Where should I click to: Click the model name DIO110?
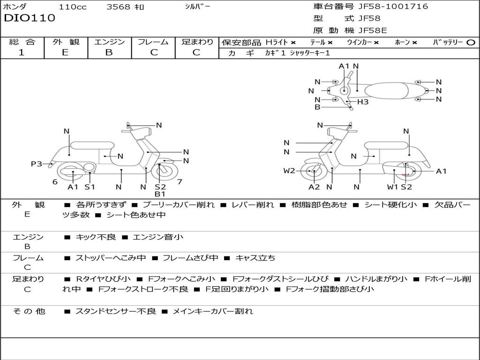[30, 18]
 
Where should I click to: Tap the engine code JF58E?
[372, 31]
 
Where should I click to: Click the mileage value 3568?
[118, 7]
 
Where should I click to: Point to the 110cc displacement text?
[72, 7]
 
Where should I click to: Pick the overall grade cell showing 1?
[22, 52]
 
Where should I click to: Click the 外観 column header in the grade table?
[66, 42]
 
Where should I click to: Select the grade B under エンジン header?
[109, 52]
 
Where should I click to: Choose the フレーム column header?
[153, 42]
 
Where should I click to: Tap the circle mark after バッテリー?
[471, 42]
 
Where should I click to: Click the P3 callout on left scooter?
[36, 164]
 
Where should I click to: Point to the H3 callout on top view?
[363, 102]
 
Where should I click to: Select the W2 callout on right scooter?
[289, 171]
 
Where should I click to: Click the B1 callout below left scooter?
[160, 194]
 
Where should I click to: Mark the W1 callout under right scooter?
[392, 187]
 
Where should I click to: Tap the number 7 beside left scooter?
[179, 181]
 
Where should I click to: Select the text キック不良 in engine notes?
[96, 237]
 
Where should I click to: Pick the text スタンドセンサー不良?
[115, 311]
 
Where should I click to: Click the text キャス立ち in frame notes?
[255, 258]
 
